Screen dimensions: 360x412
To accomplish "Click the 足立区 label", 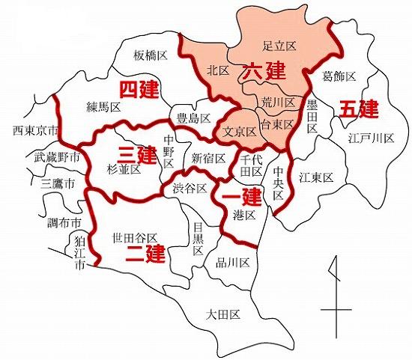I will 281,46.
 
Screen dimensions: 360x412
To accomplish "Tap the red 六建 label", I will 264,73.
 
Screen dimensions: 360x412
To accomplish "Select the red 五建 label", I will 359,109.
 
